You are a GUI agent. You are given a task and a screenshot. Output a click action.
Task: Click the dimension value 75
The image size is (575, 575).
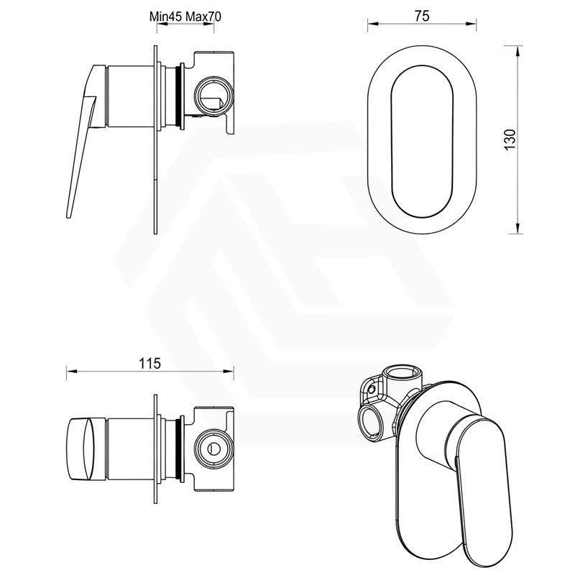[x=422, y=16]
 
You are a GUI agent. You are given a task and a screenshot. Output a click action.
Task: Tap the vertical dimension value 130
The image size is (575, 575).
[x=510, y=139]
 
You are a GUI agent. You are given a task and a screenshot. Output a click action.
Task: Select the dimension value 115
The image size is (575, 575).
[x=150, y=364]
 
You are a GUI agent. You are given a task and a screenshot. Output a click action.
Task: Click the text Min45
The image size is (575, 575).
[x=166, y=17]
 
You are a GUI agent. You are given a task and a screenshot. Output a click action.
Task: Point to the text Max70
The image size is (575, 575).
[x=203, y=17]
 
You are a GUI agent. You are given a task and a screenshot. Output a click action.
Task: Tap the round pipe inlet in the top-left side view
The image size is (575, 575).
[x=213, y=96]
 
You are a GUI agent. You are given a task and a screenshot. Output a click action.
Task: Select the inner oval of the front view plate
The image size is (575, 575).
[x=422, y=142]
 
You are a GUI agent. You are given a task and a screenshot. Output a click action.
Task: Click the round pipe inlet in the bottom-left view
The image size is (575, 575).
[x=213, y=448]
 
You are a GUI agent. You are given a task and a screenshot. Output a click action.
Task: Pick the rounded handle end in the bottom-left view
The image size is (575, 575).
[x=80, y=448]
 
